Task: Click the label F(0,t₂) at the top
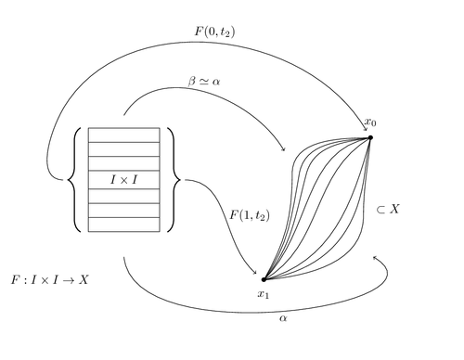coord(214,31)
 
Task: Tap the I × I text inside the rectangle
coord(123,179)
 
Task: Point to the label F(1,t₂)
coord(250,216)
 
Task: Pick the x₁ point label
coord(264,295)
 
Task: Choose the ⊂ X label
coord(387,210)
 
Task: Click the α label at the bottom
coord(283,317)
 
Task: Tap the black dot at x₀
coord(370,137)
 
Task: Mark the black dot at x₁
coord(264,278)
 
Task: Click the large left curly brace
coord(74,179)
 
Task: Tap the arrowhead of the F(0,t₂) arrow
coord(367,130)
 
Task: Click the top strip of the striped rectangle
coord(123,135)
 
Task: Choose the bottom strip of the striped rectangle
coord(123,225)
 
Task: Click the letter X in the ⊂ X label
coord(393,210)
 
